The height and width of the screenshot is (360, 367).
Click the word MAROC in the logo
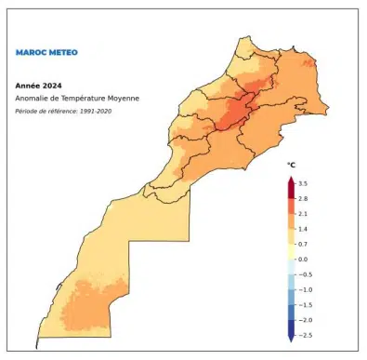coord(30,52)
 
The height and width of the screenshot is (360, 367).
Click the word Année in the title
coord(27,85)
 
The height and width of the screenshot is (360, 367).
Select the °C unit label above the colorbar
coord(290,165)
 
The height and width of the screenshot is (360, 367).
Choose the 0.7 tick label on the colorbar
coord(303,244)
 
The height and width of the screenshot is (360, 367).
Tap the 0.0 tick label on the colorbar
coord(303,259)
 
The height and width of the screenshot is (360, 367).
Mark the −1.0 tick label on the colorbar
coord(305,289)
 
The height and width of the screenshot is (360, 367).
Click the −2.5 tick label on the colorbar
coord(305,334)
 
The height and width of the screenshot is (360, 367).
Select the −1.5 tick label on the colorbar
coord(305,304)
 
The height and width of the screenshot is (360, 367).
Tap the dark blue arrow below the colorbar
coord(290,339)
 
